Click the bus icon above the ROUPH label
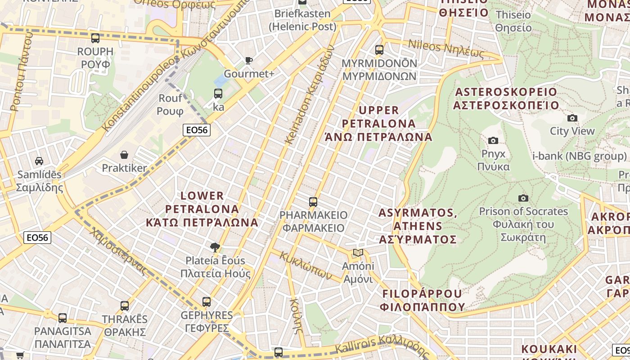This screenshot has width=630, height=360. (x=95, y=38)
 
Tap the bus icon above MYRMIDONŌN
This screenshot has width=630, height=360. (x=379, y=49)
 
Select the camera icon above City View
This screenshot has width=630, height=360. (x=572, y=118)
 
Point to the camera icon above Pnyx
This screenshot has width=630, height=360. (x=493, y=141)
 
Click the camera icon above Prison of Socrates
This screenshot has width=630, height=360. (x=523, y=198)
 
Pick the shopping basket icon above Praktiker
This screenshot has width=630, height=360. (x=124, y=155)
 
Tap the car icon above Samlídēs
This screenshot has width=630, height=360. (x=39, y=161)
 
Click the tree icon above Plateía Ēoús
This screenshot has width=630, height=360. (x=215, y=247)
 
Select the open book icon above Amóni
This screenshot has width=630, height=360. (x=358, y=253)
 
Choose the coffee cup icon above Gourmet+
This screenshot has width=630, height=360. (x=248, y=60)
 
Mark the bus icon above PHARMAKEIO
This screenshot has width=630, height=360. (x=313, y=202)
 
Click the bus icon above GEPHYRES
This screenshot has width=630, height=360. (x=207, y=302)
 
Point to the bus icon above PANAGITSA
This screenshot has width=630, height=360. (x=63, y=318)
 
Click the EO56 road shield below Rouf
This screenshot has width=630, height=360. (x=197, y=130)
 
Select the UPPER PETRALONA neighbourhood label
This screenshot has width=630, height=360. (x=378, y=123)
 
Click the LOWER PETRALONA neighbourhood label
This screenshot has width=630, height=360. (x=202, y=209)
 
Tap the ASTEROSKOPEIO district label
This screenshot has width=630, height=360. (x=506, y=99)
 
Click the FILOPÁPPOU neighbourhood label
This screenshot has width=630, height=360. (x=422, y=300)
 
